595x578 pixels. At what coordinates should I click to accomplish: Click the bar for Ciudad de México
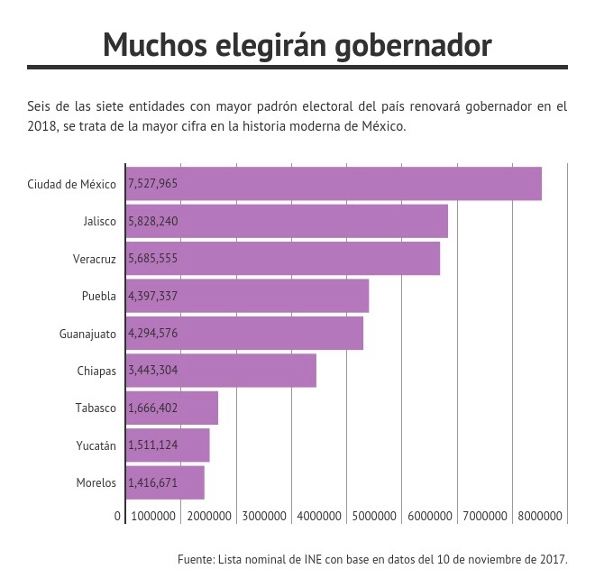click(x=334, y=184)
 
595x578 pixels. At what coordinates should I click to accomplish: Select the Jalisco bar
click(x=287, y=221)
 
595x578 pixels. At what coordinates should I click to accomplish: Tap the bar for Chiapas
click(x=221, y=371)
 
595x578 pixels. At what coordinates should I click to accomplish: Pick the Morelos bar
click(x=165, y=482)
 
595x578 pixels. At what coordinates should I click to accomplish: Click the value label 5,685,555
click(x=153, y=259)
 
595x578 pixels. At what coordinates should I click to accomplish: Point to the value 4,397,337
click(x=153, y=296)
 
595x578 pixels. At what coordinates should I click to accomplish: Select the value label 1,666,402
click(x=153, y=408)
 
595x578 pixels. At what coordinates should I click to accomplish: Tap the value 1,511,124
click(x=153, y=445)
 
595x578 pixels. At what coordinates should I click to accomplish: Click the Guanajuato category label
click(x=87, y=335)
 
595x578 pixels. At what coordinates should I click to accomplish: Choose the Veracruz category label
click(x=95, y=259)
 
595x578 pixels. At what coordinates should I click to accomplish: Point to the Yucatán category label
click(x=96, y=445)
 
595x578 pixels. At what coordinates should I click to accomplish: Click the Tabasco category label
click(x=96, y=408)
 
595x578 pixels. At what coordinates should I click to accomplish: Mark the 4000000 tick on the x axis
click(x=319, y=516)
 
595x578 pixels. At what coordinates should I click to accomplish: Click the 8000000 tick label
click(x=540, y=516)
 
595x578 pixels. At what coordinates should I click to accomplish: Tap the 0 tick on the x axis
click(x=117, y=516)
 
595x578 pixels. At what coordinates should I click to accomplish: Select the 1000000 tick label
click(x=153, y=516)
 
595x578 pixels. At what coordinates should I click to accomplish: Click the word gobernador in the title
click(x=413, y=46)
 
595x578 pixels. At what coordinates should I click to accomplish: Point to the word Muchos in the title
click(x=155, y=44)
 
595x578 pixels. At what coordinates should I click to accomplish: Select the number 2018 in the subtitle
click(x=42, y=126)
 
